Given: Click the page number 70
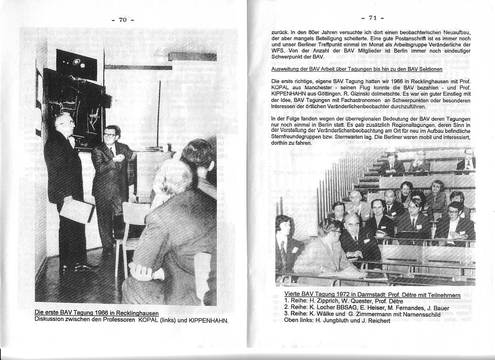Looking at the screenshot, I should pos(123,19).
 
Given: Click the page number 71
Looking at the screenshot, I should pos(373,18).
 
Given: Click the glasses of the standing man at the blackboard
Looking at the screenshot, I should pos(110,135).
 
